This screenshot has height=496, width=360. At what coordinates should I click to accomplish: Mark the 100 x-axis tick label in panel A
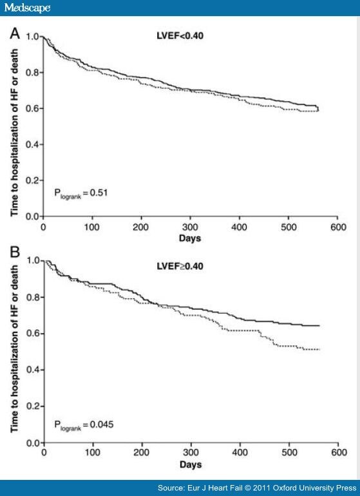(x=93, y=228)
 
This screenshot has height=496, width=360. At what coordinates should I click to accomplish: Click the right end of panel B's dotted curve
(x=319, y=349)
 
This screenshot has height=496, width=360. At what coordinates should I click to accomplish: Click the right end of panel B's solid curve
(x=319, y=326)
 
